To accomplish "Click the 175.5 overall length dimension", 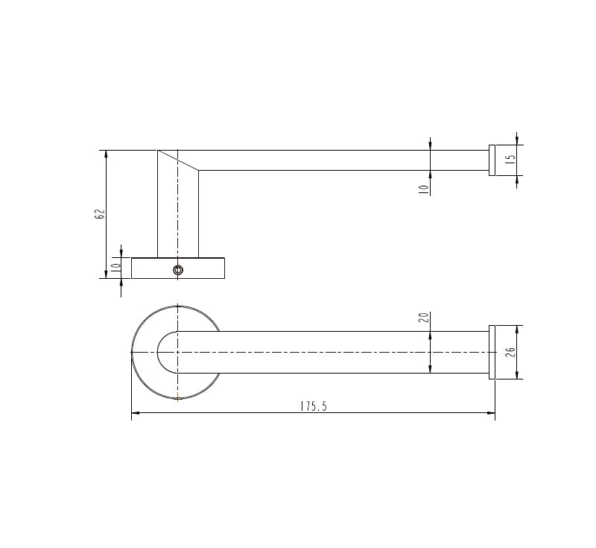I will [314, 406].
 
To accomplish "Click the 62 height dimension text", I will [100, 214].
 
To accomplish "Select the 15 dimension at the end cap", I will [510, 160].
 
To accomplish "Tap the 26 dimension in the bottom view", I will [510, 352].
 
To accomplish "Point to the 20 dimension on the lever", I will [424, 318].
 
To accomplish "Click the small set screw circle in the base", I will [177, 270].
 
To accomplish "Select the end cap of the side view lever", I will [491, 160].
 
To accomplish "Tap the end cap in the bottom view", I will [491, 352].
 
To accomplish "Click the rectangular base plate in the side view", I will [201, 268].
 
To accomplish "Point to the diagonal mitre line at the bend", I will [178, 160].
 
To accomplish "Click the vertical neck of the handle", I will [178, 216].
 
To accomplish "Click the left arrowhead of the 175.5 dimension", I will [135, 412].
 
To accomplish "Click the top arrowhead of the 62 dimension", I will [106, 154].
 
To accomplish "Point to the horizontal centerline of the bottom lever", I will [335, 352].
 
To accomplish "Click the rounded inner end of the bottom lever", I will [160, 352].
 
